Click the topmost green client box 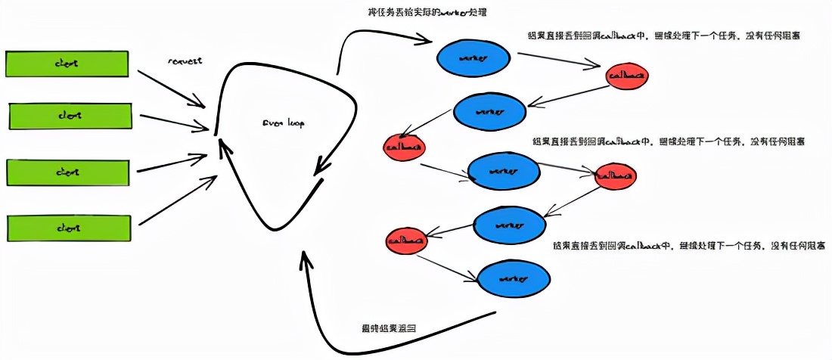67,64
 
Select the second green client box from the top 70,116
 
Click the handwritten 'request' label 185,61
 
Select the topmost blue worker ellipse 472,57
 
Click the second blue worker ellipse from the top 489,112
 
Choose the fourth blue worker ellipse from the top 510,225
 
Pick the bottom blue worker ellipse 513,278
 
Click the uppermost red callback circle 627,76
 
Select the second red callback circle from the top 405,147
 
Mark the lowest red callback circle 406,241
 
